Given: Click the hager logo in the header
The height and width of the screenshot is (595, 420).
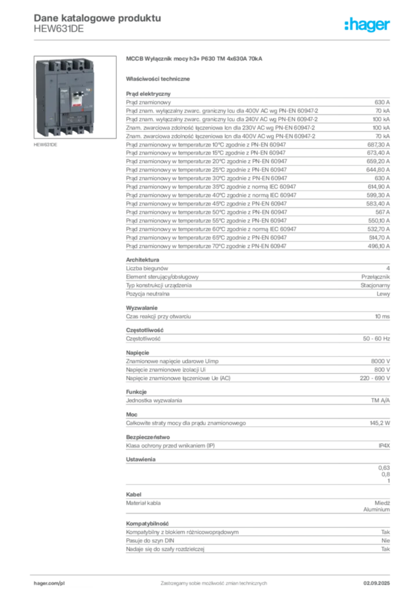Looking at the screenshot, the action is click(x=367, y=25).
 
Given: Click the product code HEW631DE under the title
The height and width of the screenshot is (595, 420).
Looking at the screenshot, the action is click(x=59, y=29).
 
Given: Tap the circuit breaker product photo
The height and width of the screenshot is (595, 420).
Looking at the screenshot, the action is click(x=75, y=97).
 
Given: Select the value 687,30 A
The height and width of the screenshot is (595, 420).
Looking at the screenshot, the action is click(x=378, y=145).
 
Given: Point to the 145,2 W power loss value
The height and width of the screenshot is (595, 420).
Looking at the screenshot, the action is click(x=380, y=423).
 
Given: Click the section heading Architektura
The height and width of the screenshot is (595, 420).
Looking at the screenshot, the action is click(x=142, y=260).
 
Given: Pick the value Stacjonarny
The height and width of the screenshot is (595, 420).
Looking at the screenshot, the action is click(x=375, y=285).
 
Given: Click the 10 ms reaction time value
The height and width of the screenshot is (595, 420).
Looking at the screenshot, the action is click(x=382, y=316).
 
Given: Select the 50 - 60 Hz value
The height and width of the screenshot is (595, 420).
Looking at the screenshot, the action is click(x=376, y=339).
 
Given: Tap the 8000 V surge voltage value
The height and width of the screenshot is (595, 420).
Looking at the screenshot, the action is click(x=380, y=361).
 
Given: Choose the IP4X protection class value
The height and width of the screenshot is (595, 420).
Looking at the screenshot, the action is click(x=384, y=446).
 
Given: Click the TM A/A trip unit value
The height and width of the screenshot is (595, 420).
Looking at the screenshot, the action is click(x=380, y=400).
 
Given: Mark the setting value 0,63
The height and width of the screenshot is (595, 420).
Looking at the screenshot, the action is click(x=384, y=468).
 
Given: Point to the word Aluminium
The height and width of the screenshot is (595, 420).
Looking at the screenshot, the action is click(x=376, y=510).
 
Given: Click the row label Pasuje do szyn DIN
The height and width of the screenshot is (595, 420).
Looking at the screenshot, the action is click(x=150, y=540).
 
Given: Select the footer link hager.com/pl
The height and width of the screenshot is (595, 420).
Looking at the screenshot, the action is click(x=49, y=583).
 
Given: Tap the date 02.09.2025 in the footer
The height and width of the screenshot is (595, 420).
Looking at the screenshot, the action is click(x=376, y=583).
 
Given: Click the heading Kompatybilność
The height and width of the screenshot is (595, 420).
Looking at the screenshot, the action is click(x=147, y=524).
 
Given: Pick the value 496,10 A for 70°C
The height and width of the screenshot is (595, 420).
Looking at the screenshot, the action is click(x=378, y=246).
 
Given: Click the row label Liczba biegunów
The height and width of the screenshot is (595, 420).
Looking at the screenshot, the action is click(x=147, y=268).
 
